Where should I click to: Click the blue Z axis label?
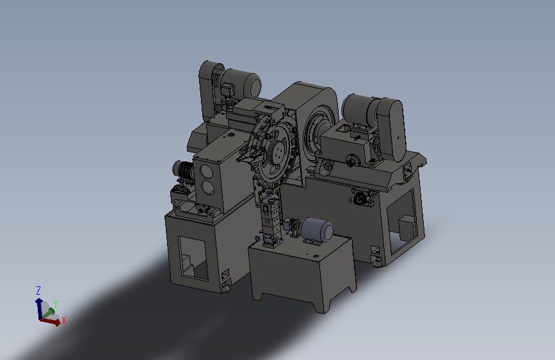tap(38, 291)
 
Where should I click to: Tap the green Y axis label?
tap(56, 304)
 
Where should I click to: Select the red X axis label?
tap(64, 320)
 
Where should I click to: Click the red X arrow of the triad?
tap(50, 321)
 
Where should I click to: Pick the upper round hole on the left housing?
tap(207, 172)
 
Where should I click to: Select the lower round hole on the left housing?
tap(208, 188)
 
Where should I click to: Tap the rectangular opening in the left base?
tap(193, 258)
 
